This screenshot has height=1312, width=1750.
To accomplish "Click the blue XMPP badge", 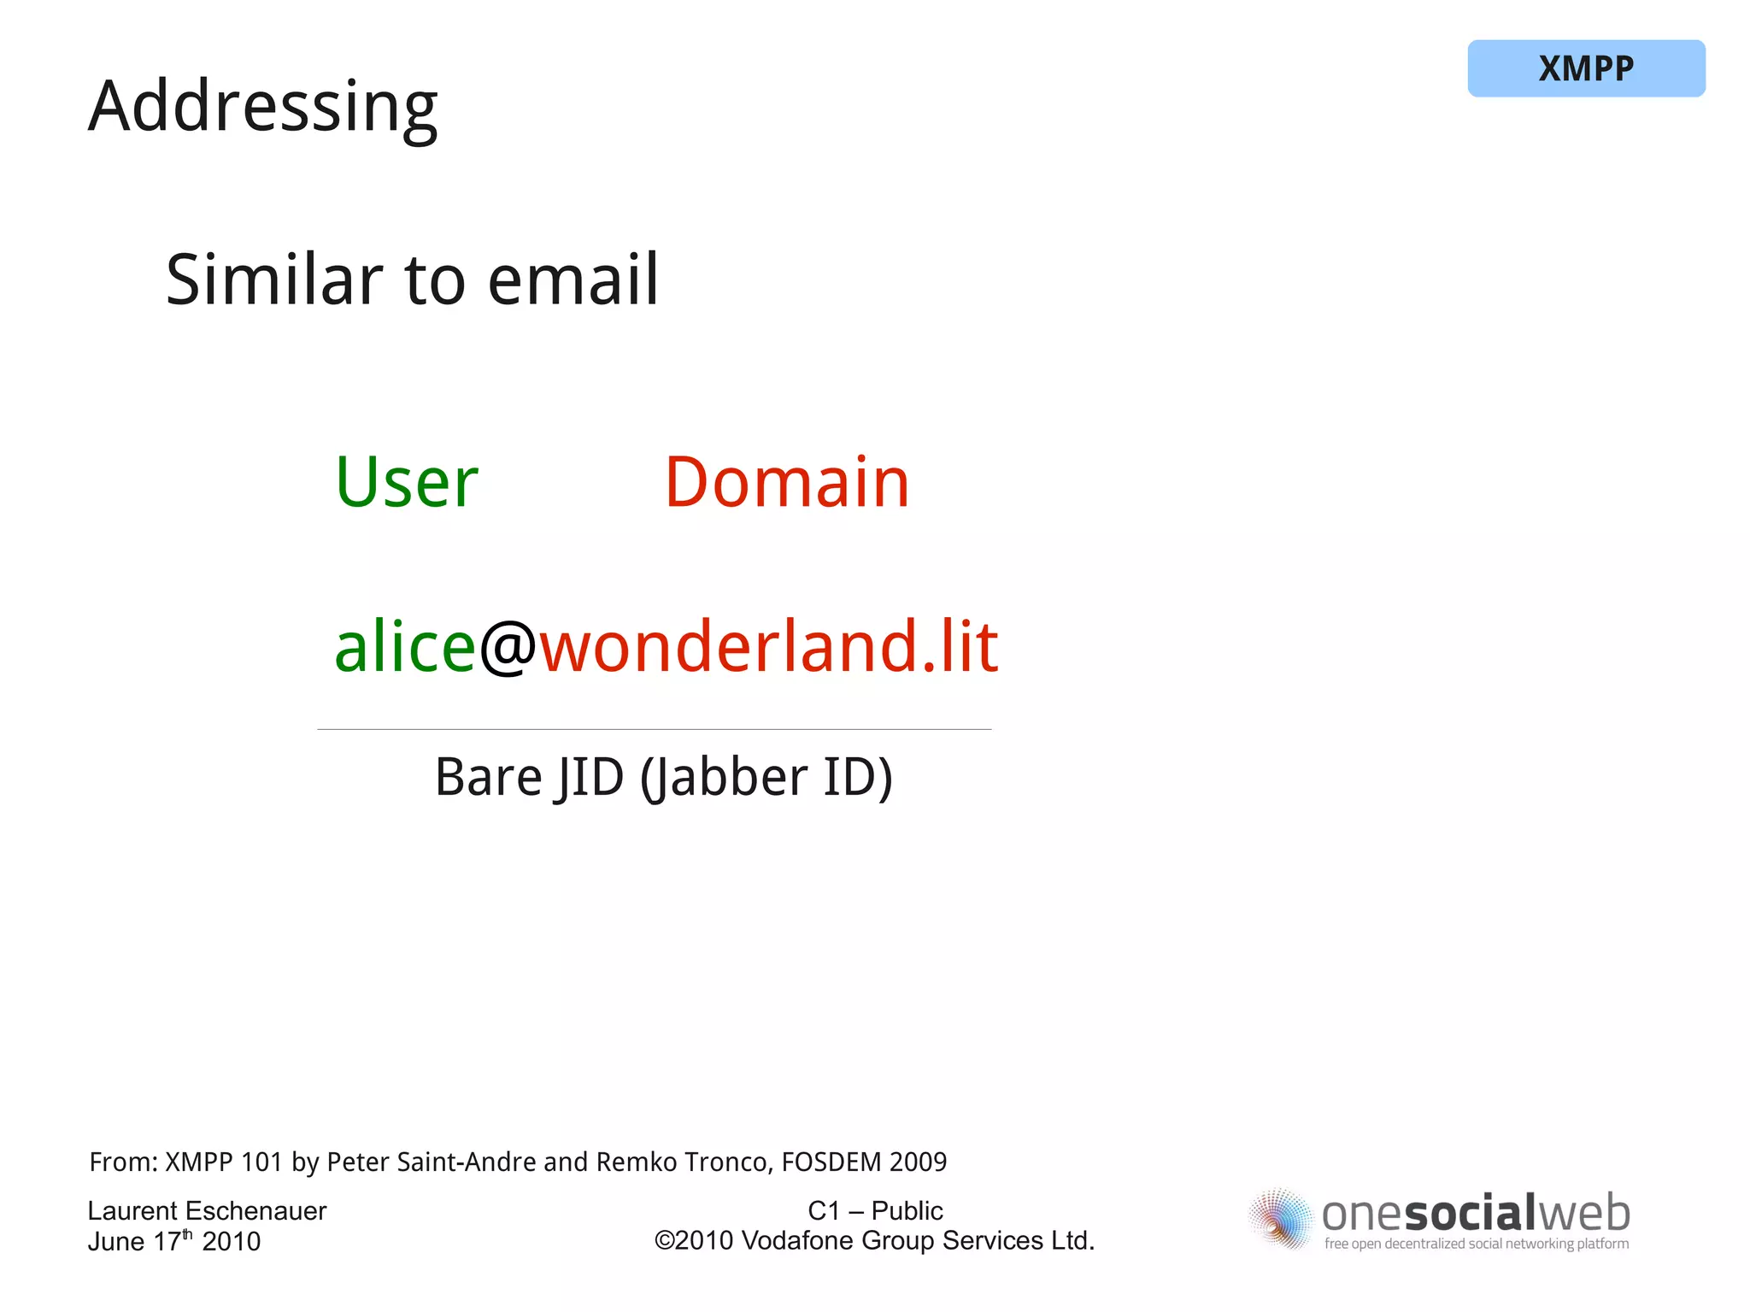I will pos(1585,68).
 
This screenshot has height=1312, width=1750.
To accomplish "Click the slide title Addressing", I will pos(262,107).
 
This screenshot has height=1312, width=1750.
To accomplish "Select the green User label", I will pos(406,483).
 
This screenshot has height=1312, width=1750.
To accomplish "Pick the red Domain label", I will pos(786,483).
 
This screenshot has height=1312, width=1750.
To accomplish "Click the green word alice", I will pos(404,647).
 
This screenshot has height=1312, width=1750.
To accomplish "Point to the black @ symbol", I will pos(508,647).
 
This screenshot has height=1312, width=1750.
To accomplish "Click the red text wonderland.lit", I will pos(769,647).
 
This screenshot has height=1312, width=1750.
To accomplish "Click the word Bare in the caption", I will pos(488,778).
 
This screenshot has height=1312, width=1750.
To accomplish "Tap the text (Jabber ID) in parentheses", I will pos(766,778).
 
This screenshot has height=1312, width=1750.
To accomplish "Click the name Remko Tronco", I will pos(683,1162).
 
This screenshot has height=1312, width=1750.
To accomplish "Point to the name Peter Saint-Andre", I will pos(432,1162).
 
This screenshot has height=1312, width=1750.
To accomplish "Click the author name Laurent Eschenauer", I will pos(207,1211).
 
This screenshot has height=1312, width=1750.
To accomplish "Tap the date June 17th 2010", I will pos(173,1241).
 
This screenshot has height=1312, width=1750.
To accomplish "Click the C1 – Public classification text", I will pos(875,1211).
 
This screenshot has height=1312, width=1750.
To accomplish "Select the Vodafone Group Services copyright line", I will pos(875,1241).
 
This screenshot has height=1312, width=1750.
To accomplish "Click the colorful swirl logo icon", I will pos(1279,1220).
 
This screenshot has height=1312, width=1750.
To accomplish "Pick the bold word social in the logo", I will pos(1471,1214).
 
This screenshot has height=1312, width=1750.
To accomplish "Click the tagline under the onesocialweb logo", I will pos(1476,1244).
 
